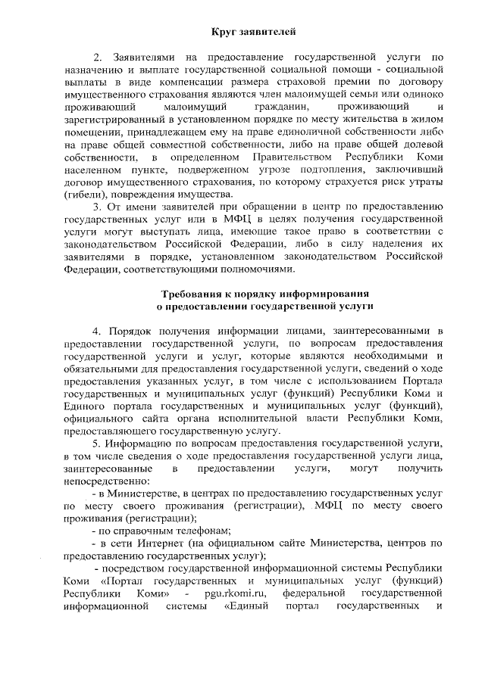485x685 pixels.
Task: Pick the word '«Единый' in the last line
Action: coord(248,606)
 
